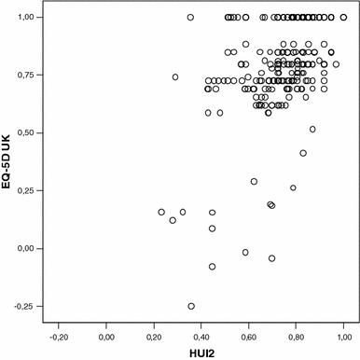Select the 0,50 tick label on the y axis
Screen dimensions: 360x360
(x=27, y=133)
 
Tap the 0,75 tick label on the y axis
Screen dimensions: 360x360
(x=27, y=76)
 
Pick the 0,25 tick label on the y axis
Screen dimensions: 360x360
(x=27, y=190)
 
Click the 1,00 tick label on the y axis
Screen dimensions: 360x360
(x=27, y=18)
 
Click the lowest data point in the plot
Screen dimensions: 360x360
(x=191, y=306)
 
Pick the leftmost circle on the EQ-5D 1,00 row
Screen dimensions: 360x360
(x=190, y=18)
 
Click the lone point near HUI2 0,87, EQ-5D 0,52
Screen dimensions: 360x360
(x=312, y=129)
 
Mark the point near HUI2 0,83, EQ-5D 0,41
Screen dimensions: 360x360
(x=303, y=153)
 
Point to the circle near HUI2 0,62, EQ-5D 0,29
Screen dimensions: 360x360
(x=254, y=181)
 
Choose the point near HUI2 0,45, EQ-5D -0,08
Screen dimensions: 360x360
(x=213, y=267)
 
